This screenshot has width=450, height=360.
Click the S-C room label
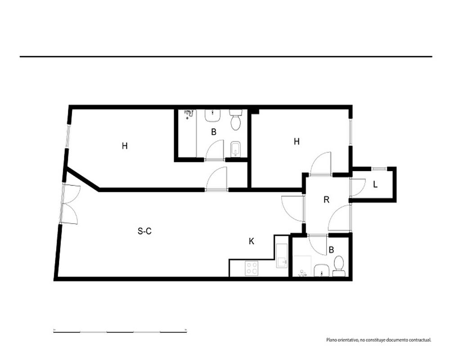point(144,231)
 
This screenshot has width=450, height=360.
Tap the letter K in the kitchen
point(252,242)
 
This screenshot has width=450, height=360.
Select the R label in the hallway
point(326,199)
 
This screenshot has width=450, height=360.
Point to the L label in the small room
point(375,184)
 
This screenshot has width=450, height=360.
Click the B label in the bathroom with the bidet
point(213,132)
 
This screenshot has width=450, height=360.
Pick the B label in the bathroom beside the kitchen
point(331,250)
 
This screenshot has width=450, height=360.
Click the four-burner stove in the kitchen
point(252,268)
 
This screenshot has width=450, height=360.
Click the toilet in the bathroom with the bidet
point(236,120)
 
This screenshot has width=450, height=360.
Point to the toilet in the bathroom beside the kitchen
point(339,266)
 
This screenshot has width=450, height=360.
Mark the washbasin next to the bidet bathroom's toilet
point(212,115)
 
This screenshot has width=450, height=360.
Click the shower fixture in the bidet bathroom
point(189,114)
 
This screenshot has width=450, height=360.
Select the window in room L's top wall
point(379,169)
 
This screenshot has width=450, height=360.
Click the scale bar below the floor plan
point(120,332)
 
